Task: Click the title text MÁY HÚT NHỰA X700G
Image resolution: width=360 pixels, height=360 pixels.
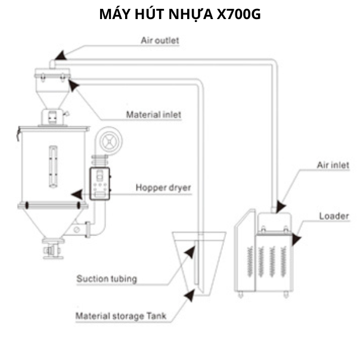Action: [x=180, y=14]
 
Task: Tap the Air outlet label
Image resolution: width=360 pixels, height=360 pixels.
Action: [x=160, y=41]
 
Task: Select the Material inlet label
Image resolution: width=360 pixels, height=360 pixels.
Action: [x=154, y=114]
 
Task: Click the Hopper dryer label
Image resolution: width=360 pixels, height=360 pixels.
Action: [x=163, y=188]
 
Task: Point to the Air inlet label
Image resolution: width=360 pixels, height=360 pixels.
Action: [x=333, y=165]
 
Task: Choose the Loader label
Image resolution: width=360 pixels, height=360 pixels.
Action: [x=334, y=216]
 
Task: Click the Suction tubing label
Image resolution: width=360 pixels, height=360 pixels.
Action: [x=107, y=279]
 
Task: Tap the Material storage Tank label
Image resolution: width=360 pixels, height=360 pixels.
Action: [x=121, y=316]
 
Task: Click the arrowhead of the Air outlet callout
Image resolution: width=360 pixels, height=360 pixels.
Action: [x=61, y=56]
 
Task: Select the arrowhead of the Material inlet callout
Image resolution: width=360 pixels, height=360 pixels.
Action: [x=73, y=85]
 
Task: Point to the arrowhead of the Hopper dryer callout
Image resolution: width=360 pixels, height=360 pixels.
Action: [x=77, y=194]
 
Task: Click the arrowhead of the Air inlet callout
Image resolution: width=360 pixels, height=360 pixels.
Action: [x=281, y=206]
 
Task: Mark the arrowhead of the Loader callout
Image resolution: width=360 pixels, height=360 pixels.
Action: [x=296, y=240]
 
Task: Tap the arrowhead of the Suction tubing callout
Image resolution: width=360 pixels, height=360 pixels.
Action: [x=190, y=252]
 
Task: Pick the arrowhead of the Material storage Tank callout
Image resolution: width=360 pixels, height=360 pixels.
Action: [x=190, y=295]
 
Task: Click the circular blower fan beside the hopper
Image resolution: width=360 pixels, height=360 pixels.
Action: [x=110, y=141]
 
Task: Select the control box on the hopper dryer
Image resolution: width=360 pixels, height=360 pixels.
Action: [x=100, y=184]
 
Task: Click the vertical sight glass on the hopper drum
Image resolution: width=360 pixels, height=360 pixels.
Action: [x=53, y=167]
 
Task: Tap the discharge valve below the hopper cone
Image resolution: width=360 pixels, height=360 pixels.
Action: [x=53, y=249]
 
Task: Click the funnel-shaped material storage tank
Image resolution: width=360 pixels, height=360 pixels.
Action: [x=199, y=263]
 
